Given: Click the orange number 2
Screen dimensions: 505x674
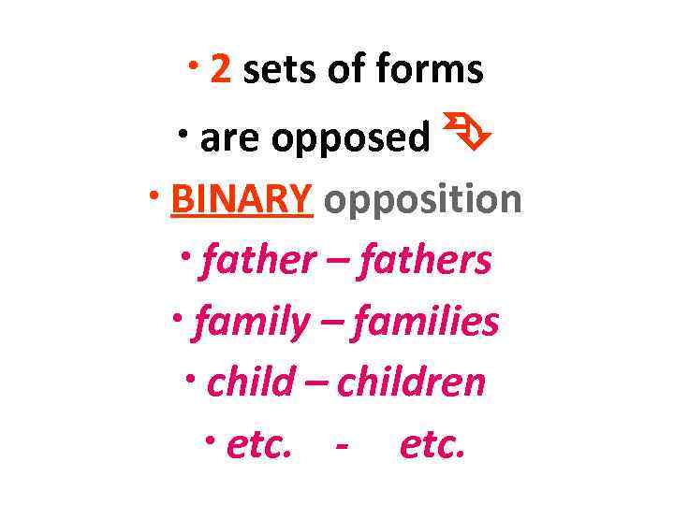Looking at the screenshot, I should coord(221,70).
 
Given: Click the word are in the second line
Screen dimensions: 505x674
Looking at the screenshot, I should coord(230,137).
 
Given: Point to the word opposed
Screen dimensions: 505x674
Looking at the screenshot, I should coord(351,138).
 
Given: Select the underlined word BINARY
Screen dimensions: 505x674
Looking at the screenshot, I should coord(242,198).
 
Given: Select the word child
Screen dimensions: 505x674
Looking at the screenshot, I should coord(250,382).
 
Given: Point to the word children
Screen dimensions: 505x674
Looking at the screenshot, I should coord(412,382).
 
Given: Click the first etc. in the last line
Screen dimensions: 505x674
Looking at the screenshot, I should coord(259,445).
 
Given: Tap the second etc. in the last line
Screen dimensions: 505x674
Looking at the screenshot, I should coord(432,445).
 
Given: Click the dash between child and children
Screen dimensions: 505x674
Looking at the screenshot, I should coord(316,384).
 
